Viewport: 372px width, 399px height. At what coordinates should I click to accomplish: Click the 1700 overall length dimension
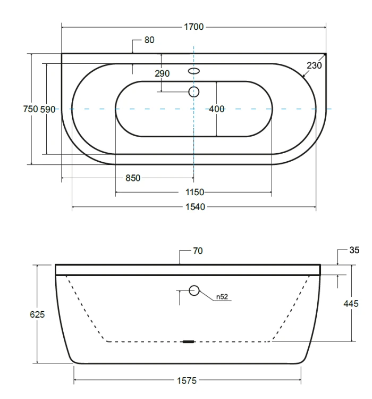[194, 27]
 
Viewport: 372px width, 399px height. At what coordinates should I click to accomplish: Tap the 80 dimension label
[149, 40]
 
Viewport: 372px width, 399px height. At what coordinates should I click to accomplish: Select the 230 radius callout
[314, 65]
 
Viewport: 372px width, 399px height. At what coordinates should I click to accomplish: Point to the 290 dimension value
[162, 73]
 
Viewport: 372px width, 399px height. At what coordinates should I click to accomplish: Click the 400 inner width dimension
[217, 109]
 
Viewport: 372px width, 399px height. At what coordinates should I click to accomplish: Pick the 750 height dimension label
[30, 109]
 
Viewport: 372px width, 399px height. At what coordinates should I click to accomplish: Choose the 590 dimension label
[47, 110]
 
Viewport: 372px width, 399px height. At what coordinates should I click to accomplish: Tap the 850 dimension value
[133, 178]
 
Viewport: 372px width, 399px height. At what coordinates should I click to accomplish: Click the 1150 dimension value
[195, 193]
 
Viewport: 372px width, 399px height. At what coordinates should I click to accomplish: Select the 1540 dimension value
[195, 207]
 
